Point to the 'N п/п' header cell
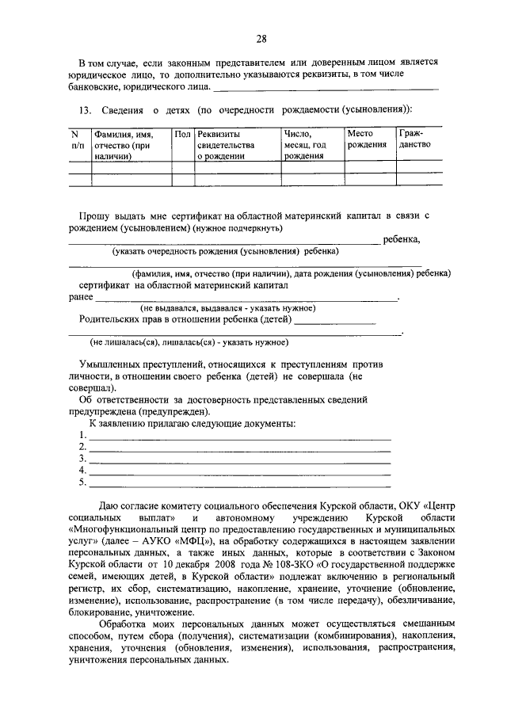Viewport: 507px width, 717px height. click(x=77, y=139)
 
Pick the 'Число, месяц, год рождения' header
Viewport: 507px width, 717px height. click(x=305, y=145)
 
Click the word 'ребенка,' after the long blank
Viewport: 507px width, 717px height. click(x=402, y=239)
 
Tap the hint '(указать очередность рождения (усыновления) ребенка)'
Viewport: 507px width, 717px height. click(x=225, y=251)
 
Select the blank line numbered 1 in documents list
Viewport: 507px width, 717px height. click(x=240, y=436)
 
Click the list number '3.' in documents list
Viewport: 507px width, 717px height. click(x=82, y=459)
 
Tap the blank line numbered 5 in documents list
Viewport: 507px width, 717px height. click(x=240, y=482)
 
